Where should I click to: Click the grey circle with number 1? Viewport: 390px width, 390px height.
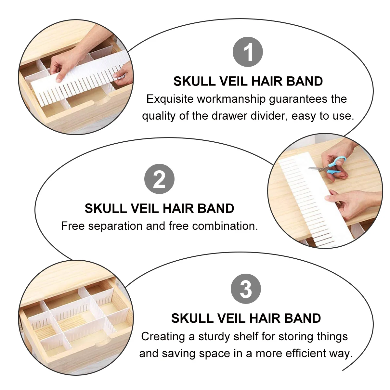pyautogui.click(x=248, y=52)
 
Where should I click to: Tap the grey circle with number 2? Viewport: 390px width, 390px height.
pyautogui.click(x=159, y=179)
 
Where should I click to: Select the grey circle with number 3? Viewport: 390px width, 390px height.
pyautogui.click(x=246, y=289)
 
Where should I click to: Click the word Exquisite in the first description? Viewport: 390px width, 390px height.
pyautogui.click(x=170, y=99)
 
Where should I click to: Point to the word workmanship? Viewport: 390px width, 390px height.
pyautogui.click(x=231, y=99)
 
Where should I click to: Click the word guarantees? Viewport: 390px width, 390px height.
pyautogui.click(x=299, y=99)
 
